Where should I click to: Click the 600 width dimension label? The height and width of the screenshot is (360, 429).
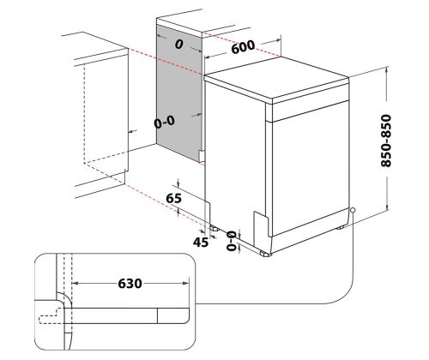tap(243, 47)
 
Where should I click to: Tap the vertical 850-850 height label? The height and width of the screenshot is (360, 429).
tap(386, 141)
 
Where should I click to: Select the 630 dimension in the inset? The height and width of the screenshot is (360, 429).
tap(130, 284)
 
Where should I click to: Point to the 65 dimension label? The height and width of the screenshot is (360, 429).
tap(173, 198)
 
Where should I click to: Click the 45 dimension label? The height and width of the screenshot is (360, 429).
tap(201, 243)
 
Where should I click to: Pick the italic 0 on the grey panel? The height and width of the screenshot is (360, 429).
tap(179, 45)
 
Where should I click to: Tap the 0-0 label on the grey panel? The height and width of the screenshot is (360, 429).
tap(164, 122)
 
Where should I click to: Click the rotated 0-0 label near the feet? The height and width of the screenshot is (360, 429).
tap(232, 241)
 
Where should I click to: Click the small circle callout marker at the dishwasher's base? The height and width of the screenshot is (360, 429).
tap(353, 210)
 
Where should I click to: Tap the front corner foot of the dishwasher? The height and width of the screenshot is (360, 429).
tap(265, 254)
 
